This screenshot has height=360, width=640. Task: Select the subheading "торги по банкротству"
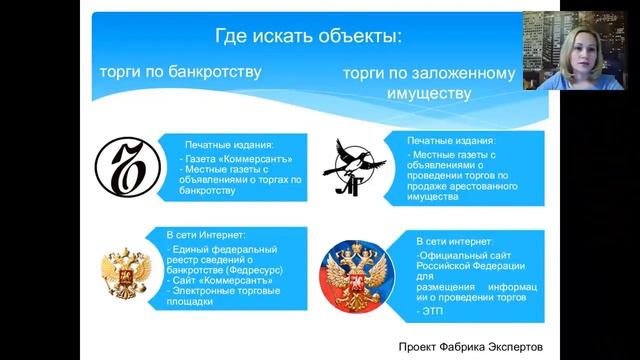180,72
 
